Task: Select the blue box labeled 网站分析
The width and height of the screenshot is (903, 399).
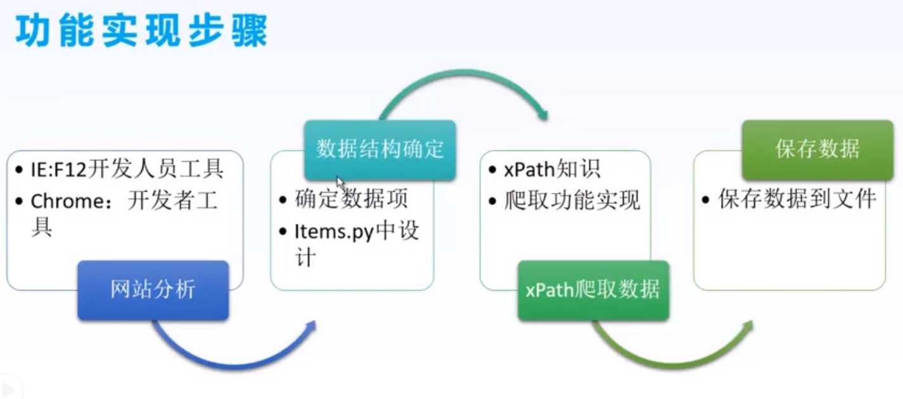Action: [153, 291]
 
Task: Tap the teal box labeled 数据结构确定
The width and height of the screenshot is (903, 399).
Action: [380, 150]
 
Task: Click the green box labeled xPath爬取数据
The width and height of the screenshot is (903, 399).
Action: [593, 291]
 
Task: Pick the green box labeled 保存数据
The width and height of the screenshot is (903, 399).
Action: [817, 150]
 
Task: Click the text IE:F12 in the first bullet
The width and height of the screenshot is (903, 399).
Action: [58, 169]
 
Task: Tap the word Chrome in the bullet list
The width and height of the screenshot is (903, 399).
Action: [68, 201]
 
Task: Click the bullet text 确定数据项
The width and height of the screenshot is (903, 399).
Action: [351, 199]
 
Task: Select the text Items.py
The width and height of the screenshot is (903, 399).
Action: [334, 232]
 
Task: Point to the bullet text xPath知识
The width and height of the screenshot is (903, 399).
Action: [552, 169]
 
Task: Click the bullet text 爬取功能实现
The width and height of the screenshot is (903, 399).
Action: [572, 200]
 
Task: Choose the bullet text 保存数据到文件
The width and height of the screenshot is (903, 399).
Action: [797, 199]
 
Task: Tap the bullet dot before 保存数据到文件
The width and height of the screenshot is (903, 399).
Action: [705, 200]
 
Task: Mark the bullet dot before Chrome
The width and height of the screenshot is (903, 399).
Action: [18, 201]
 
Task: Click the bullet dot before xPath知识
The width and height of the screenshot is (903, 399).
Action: [492, 170]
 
